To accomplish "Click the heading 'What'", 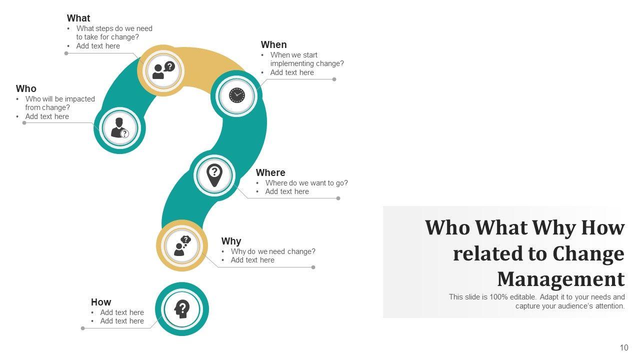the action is click(x=78, y=18).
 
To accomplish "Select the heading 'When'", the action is click(x=273, y=45).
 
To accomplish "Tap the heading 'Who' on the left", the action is click(x=26, y=89).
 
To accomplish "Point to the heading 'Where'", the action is click(x=270, y=173).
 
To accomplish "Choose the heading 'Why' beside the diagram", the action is click(x=231, y=241).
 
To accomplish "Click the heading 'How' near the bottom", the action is click(x=101, y=302).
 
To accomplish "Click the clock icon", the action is click(x=236, y=95).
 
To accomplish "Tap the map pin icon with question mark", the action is click(x=214, y=175).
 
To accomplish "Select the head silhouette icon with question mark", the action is click(x=182, y=309).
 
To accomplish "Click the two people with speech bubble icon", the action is click(x=163, y=70).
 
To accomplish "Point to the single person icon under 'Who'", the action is click(x=119, y=128).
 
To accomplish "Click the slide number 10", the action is click(x=623, y=348).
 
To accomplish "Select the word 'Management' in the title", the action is click(x=560, y=279).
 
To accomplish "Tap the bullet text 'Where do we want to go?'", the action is click(x=306, y=183).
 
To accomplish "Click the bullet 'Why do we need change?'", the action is click(x=273, y=251).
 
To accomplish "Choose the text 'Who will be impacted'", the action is click(x=60, y=99).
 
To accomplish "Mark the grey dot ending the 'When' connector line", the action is click(x=334, y=79).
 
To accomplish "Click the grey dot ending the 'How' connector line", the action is click(x=83, y=328).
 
